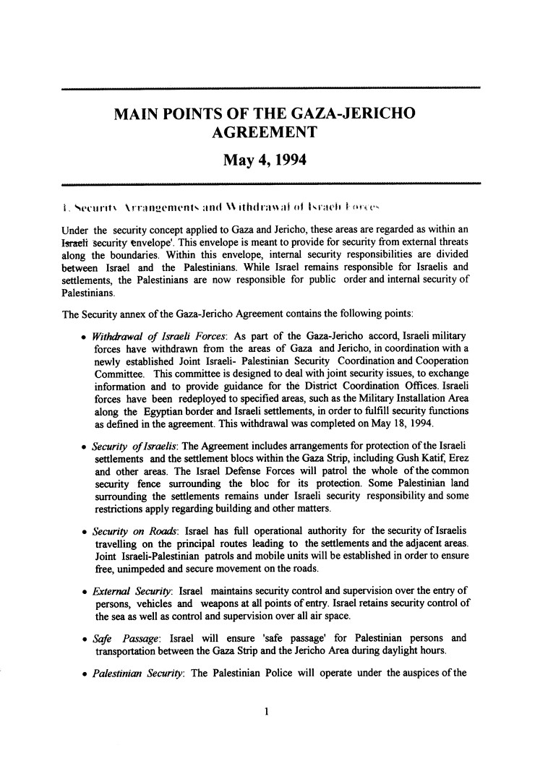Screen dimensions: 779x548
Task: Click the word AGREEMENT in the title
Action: pos(265,132)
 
